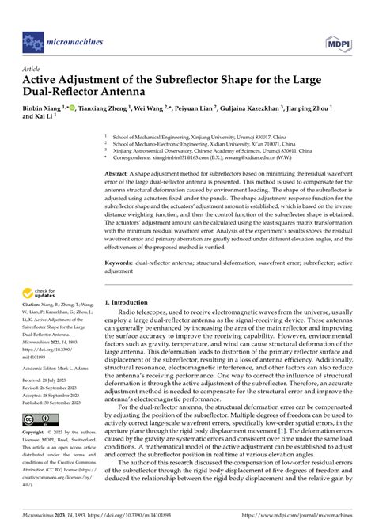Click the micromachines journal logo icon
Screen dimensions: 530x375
pyautogui.click(x=32, y=37)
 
